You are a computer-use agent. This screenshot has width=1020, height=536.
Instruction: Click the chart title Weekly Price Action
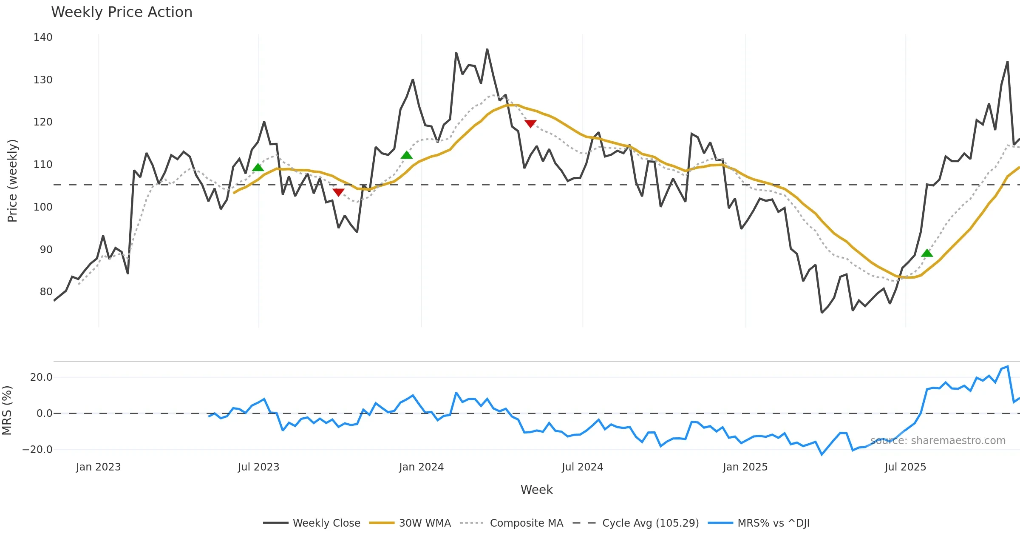click(x=122, y=12)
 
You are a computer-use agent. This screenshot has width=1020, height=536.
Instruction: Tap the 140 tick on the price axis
click(x=43, y=37)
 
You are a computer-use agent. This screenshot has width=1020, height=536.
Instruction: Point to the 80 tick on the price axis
click(x=46, y=292)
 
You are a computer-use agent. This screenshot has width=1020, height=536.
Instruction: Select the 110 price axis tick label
click(x=43, y=165)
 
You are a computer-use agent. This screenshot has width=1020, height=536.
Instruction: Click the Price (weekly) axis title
click(x=12, y=181)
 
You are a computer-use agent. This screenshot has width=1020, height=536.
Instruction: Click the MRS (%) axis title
click(x=7, y=411)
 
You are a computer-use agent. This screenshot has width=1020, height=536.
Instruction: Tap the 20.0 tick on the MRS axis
click(x=41, y=377)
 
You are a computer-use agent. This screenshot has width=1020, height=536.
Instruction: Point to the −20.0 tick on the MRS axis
click(x=37, y=450)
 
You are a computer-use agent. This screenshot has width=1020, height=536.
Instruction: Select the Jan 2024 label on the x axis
click(x=421, y=467)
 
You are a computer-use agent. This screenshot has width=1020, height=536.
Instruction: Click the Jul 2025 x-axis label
click(x=905, y=467)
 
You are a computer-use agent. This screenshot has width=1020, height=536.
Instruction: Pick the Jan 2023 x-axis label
click(x=99, y=467)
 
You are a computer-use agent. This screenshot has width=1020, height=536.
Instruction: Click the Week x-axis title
click(x=536, y=490)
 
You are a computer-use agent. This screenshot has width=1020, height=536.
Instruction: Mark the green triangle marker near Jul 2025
click(x=927, y=253)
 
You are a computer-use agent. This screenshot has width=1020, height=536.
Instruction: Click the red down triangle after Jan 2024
click(x=530, y=123)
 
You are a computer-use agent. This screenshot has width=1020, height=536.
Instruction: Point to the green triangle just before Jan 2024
click(x=407, y=155)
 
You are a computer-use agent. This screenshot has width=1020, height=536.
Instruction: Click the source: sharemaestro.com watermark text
click(x=938, y=441)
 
